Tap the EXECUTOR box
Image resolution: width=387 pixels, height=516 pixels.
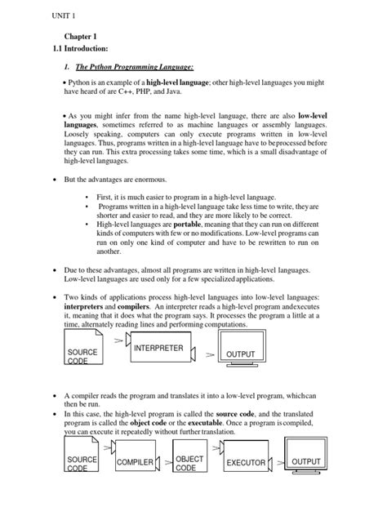point(245,462)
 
